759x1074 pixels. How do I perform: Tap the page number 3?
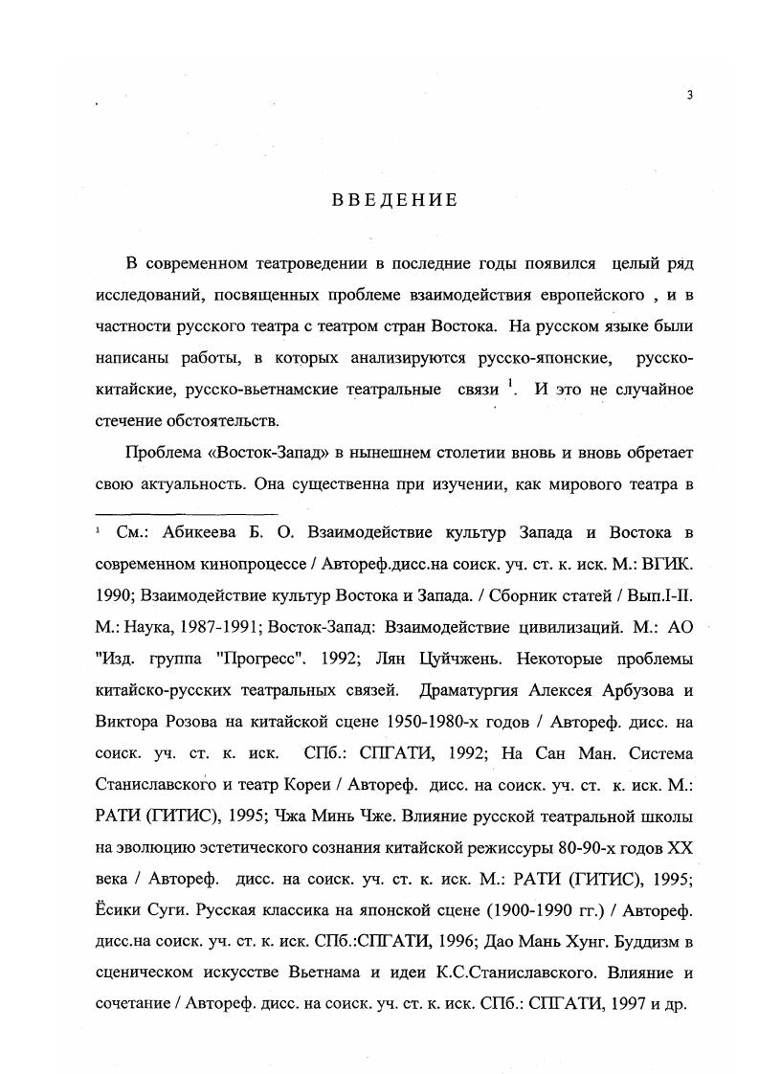click(x=688, y=94)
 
